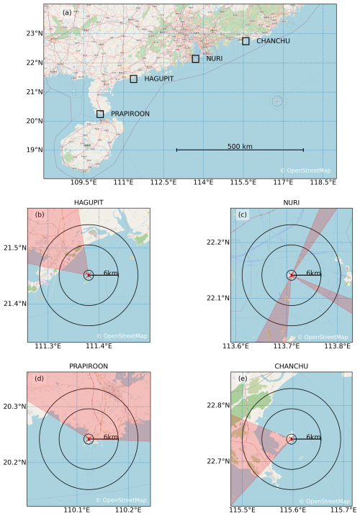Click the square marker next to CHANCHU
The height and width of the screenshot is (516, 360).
tap(246, 41)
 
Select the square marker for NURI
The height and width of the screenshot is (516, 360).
tap(195, 58)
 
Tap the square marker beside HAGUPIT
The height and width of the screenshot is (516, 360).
tap(133, 78)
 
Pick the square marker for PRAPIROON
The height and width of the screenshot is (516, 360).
tap(99, 114)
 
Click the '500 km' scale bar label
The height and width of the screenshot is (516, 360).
tap(240, 146)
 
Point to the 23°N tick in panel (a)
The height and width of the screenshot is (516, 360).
tap(32, 33)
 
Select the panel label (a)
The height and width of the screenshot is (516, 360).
tap(67, 12)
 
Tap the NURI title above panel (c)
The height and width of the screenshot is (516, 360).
tap(291, 203)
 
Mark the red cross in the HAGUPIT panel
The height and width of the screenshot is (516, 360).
tap(89, 274)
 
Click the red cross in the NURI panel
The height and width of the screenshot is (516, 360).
tap(291, 274)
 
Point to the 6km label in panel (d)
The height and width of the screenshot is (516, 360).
tap(111, 437)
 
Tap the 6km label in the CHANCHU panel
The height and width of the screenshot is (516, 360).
tap(313, 437)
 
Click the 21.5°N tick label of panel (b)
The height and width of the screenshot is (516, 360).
tap(14, 248)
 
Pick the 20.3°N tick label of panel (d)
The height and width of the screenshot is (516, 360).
tap(14, 407)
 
